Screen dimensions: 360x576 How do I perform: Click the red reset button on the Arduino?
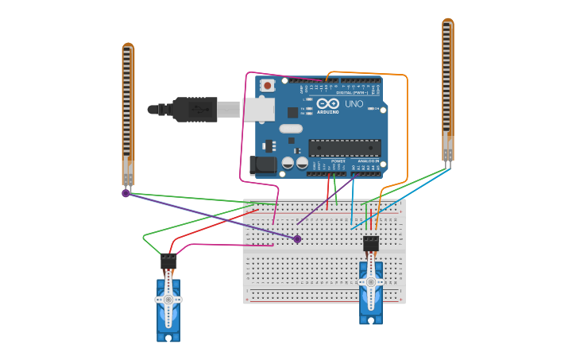point(268,85)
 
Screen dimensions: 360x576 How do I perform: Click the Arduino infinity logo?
point(327,104)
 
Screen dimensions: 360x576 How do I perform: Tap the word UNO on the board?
point(354,104)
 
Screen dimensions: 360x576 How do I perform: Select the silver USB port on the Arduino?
point(259,110)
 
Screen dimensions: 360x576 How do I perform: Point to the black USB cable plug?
point(195,109)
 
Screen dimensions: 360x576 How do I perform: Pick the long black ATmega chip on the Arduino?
point(345,147)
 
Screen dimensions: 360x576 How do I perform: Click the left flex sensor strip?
point(128,111)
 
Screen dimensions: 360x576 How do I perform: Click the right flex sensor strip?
point(448,87)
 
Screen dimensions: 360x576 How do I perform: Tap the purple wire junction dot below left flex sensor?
point(126,193)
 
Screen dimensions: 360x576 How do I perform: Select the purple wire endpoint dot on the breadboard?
point(297,238)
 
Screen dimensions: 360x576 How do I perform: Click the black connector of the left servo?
point(168,261)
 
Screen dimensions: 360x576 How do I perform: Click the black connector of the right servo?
point(371,243)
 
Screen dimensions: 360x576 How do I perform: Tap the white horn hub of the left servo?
point(168,300)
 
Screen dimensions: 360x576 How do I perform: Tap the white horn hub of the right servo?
point(370,281)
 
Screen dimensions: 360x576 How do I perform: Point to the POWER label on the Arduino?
point(338,161)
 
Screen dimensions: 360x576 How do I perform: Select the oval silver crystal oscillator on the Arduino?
point(291,128)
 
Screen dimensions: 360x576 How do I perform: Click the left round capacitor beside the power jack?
point(288,163)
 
